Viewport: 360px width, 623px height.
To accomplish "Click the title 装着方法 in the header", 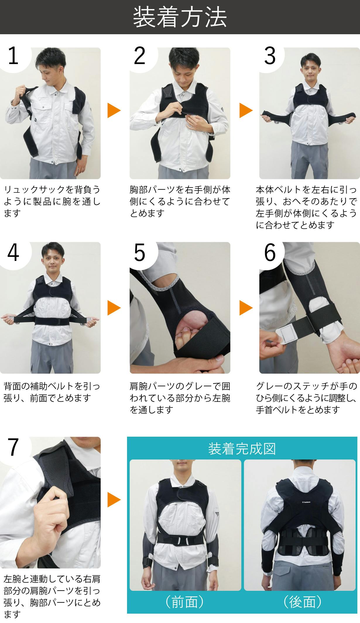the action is point(180,17).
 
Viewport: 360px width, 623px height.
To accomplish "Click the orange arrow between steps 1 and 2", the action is point(114,110).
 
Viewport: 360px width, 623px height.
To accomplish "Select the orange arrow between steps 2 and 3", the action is point(246,110).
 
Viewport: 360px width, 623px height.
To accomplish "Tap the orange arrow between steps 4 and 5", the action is point(114,308).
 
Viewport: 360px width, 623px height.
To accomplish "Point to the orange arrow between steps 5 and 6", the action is point(246,308).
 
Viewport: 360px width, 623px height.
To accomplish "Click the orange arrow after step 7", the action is point(114,500).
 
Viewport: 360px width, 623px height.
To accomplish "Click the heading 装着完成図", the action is point(242,449).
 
